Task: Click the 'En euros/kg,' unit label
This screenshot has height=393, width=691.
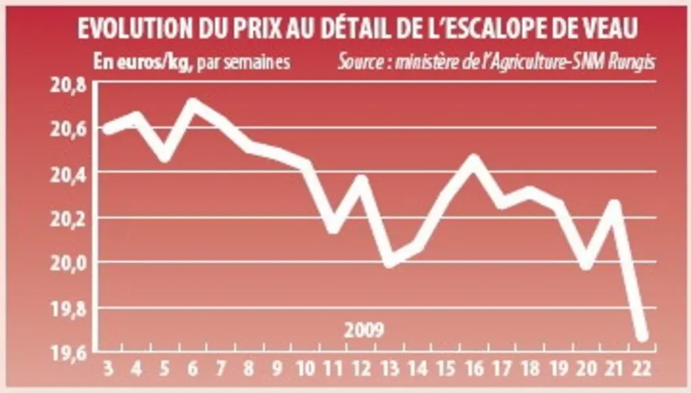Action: click(x=143, y=63)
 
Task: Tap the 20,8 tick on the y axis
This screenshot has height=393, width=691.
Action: click(x=68, y=85)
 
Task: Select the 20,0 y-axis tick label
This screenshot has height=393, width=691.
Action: click(x=68, y=263)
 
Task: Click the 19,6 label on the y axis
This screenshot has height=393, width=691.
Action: click(x=68, y=354)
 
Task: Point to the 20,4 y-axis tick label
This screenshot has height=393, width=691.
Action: click(x=68, y=175)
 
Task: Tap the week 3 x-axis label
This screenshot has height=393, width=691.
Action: click(x=108, y=368)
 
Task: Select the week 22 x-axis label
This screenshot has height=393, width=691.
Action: click(x=641, y=368)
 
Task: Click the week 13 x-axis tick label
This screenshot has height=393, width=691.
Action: click(x=390, y=368)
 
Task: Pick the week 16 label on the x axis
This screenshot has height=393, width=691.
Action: click(x=474, y=368)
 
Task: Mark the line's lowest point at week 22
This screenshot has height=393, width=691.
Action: click(x=642, y=336)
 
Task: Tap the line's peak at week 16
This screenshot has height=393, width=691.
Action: click(x=473, y=160)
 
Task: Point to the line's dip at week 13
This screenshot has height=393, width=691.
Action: click(x=390, y=263)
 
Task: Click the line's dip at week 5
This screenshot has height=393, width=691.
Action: click(x=165, y=156)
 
